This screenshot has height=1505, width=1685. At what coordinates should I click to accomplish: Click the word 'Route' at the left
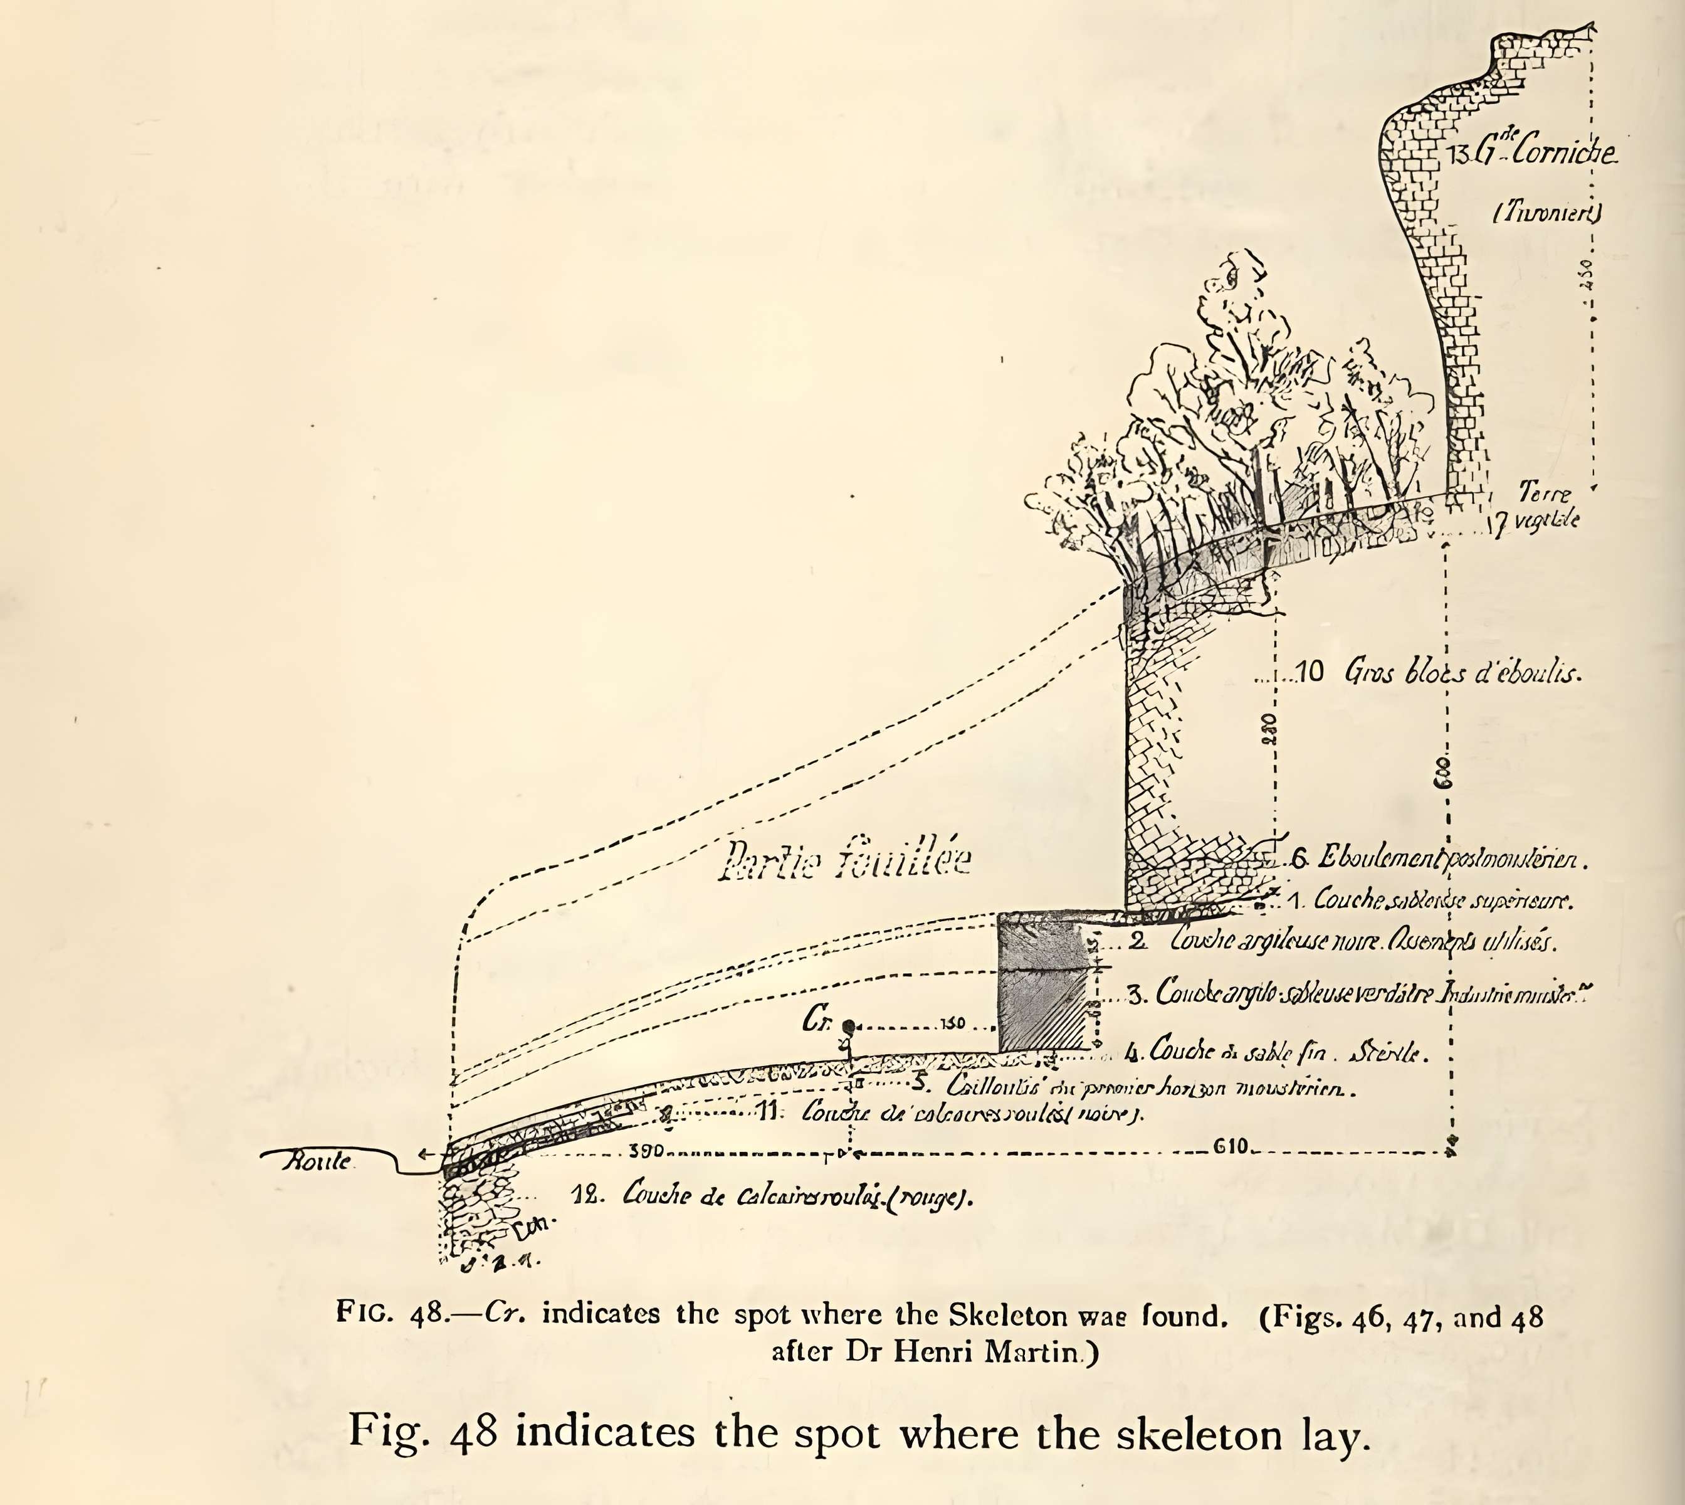point(317,1161)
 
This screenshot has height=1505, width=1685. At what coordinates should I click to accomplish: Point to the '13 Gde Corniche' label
point(1532,152)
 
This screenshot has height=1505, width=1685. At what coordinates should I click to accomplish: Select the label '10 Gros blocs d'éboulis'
point(1439,672)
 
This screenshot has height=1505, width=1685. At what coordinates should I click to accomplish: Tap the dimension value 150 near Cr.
point(952,1024)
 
